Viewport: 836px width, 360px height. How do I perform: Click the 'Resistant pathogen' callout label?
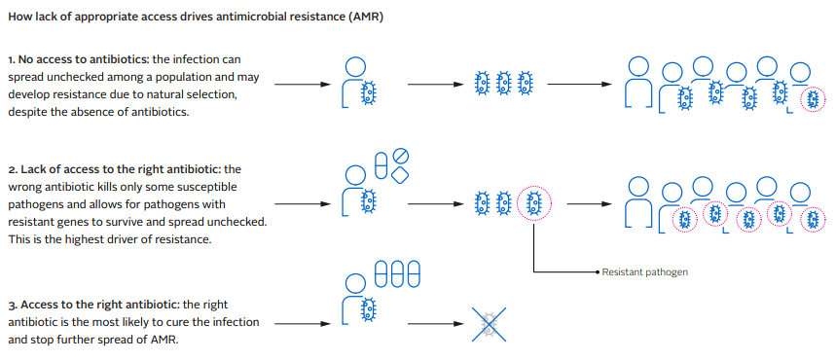(644, 272)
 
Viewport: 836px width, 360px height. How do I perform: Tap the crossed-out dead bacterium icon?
(489, 324)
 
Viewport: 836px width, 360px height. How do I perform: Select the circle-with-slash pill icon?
(400, 157)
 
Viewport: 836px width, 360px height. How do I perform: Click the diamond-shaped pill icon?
(400, 175)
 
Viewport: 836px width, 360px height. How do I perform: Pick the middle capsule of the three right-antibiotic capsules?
(398, 274)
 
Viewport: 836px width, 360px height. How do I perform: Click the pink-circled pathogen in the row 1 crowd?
(813, 100)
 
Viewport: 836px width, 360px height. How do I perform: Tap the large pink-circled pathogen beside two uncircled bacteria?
(533, 203)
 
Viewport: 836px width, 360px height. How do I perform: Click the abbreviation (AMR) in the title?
(365, 18)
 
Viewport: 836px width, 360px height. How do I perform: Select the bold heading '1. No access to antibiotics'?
(79, 59)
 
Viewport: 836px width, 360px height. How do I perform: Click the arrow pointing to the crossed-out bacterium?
(435, 324)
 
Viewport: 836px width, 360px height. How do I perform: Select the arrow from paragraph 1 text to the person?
(303, 85)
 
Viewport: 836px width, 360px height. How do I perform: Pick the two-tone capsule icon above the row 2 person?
(382, 164)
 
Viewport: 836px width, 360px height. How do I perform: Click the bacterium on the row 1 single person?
(367, 92)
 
